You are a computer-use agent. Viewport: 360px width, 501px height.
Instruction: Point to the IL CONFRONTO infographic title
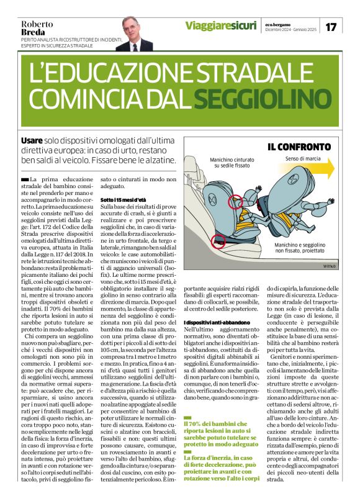[299, 147]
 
